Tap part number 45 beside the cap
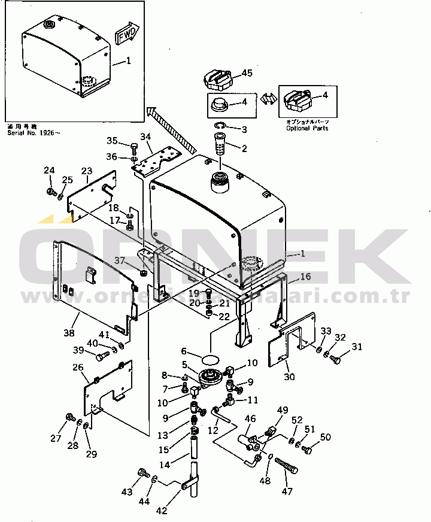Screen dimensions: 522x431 (x=247, y=74)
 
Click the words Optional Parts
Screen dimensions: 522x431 (x=307, y=128)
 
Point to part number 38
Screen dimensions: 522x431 (x=69, y=333)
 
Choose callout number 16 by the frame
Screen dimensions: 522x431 (x=305, y=276)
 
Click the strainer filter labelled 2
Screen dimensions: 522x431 (x=219, y=144)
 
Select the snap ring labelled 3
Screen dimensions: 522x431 (x=220, y=126)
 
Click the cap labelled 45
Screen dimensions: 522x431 (x=217, y=78)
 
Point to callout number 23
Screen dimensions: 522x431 (x=87, y=171)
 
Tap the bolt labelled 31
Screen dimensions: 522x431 (x=335, y=360)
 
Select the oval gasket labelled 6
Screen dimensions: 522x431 (x=209, y=359)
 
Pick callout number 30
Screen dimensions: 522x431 (x=290, y=377)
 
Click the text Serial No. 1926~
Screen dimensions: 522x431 (x=34, y=132)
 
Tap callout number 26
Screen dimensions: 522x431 (x=78, y=367)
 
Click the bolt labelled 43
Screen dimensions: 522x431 (x=144, y=473)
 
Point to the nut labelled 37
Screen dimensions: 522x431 (x=144, y=272)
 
